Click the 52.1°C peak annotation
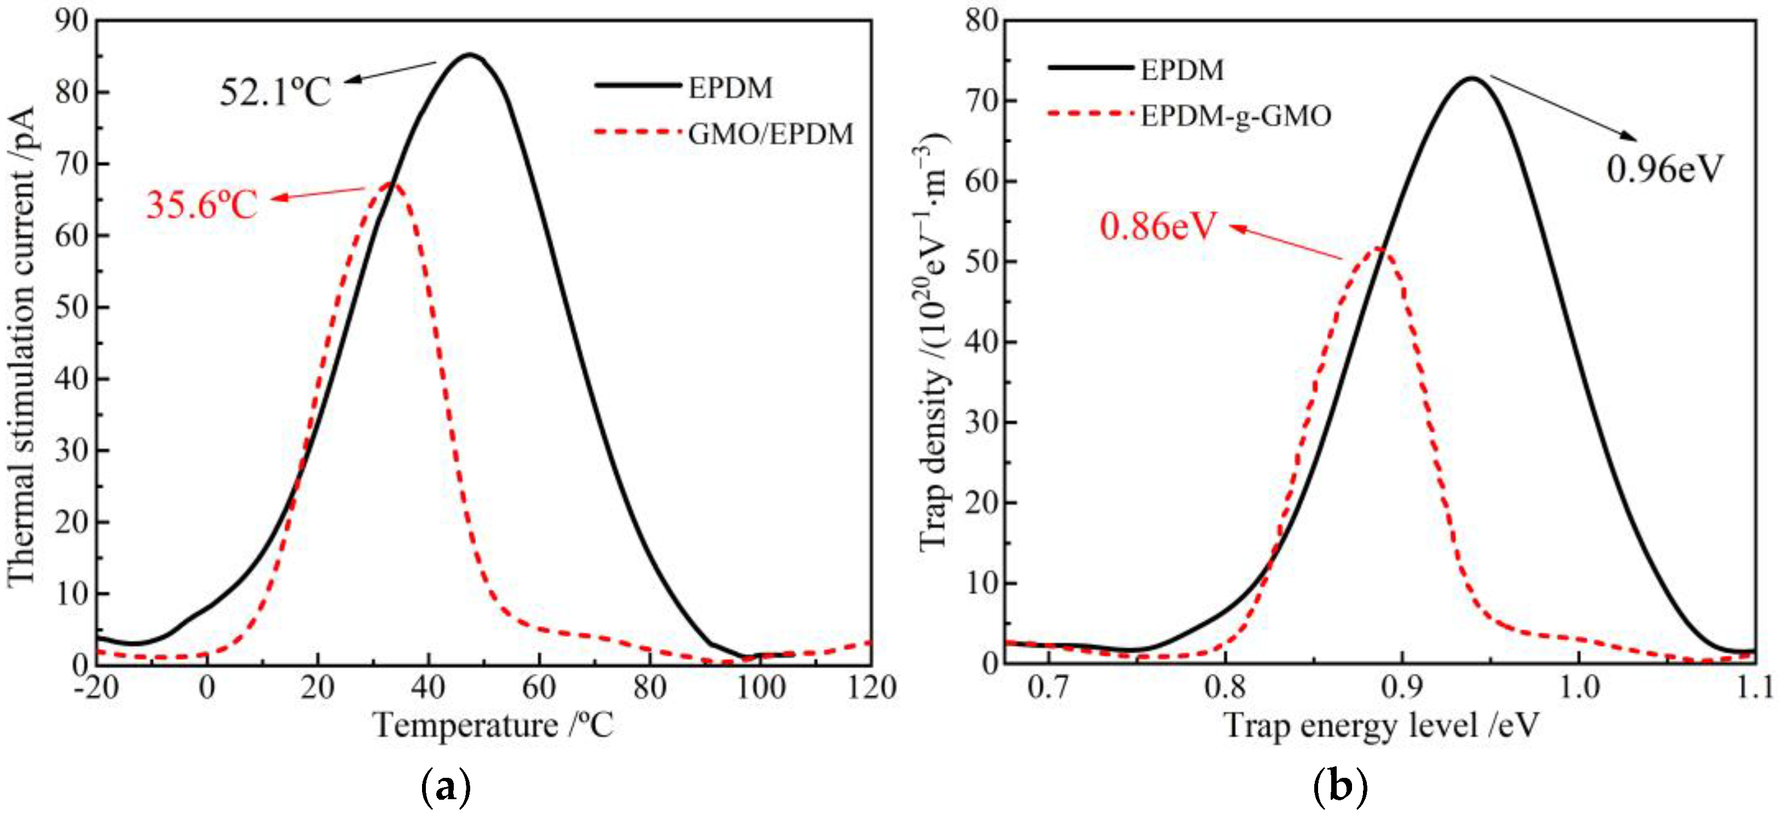pyautogui.click(x=275, y=91)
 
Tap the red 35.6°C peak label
pyautogui.click(x=201, y=204)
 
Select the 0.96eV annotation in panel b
pyautogui.click(x=1665, y=169)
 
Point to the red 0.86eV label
pyautogui.click(x=1158, y=226)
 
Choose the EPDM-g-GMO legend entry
pyautogui.click(x=1235, y=116)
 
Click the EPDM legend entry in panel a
pyautogui.click(x=730, y=88)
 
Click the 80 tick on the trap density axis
pyautogui.click(x=981, y=21)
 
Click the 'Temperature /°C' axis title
pyautogui.click(x=493, y=726)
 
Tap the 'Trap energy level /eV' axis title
pyautogui.click(x=1383, y=726)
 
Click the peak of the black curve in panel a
pyautogui.click(x=470, y=55)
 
